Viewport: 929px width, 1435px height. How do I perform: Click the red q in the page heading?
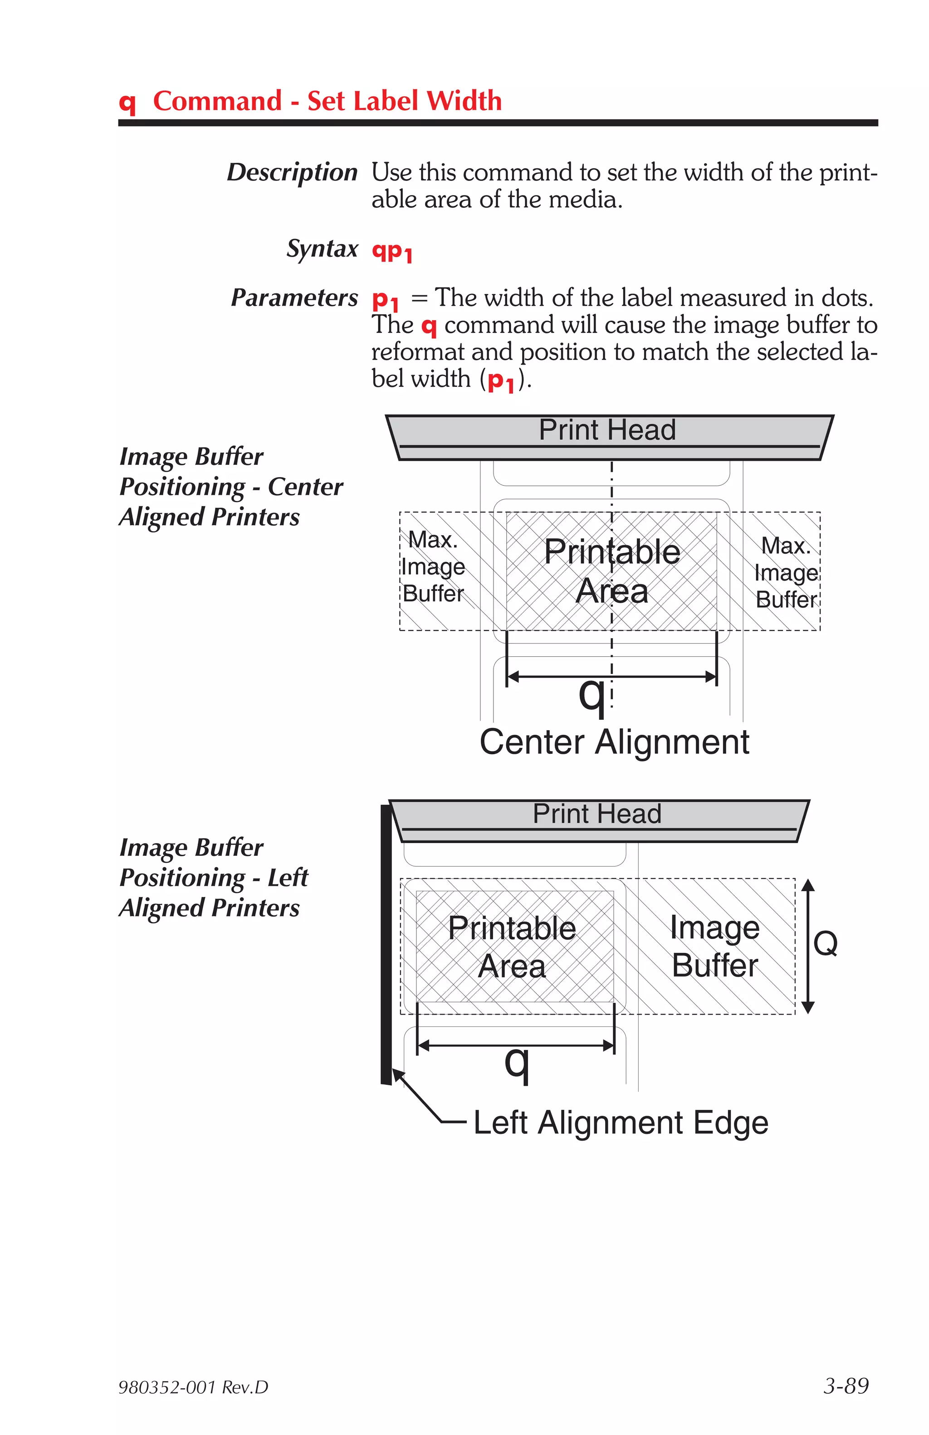click(127, 102)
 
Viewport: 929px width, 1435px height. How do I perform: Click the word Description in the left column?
click(292, 172)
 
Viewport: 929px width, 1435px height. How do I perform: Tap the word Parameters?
click(294, 298)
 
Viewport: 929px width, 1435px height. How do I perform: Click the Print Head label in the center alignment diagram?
click(606, 430)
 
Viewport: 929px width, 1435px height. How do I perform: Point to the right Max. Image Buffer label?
click(786, 572)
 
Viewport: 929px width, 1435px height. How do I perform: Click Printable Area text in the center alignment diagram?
click(611, 571)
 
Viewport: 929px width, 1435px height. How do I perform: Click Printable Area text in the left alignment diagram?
click(511, 947)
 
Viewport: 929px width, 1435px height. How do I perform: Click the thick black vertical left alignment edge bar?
click(386, 947)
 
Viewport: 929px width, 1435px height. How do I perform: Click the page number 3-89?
click(846, 1386)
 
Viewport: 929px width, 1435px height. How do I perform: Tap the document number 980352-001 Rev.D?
click(193, 1387)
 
